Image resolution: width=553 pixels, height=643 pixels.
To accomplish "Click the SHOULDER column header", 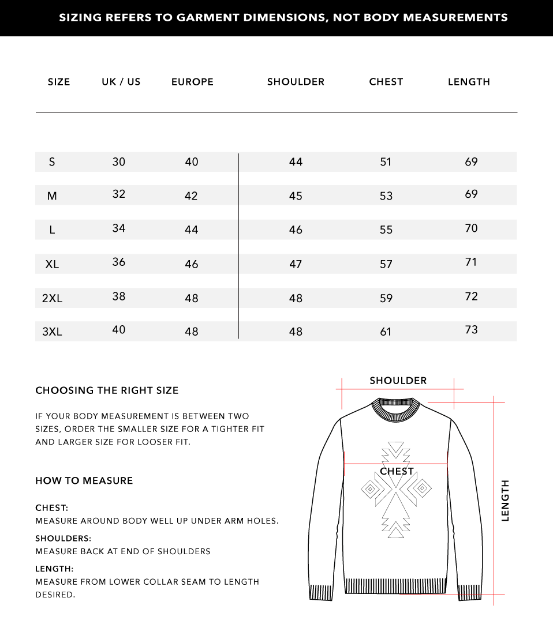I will click(296, 82).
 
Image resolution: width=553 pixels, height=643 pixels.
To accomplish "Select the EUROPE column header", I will click(192, 82).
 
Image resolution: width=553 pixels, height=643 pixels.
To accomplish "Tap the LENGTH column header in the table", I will click(469, 82).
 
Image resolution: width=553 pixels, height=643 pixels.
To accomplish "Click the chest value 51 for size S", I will click(386, 162).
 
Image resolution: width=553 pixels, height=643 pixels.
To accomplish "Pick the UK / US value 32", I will click(118, 194).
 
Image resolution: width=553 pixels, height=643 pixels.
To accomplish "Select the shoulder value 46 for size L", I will click(296, 230).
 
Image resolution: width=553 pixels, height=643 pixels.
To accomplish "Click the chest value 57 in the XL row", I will click(386, 264).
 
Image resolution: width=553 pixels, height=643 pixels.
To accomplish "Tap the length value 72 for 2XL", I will click(471, 296).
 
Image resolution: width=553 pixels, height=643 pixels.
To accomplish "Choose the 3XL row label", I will click(52, 332).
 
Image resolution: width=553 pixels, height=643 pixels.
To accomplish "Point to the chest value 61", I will click(386, 332).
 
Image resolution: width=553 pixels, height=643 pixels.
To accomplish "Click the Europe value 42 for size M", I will click(191, 196).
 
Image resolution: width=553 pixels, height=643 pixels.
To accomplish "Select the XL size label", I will click(52, 264).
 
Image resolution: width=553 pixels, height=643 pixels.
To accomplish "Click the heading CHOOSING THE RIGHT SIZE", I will click(107, 390).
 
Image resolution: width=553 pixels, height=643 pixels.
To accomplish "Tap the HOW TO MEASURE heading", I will click(84, 480).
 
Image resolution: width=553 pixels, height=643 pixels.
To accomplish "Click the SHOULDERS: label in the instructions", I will click(63, 538).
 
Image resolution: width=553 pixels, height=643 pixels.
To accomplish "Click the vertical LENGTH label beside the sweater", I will click(505, 501).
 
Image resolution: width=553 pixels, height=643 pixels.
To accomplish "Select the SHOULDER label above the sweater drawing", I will click(398, 381).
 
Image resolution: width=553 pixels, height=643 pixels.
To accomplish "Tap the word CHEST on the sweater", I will click(397, 471).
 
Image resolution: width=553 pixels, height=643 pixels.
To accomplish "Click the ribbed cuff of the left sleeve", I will click(321, 593).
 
